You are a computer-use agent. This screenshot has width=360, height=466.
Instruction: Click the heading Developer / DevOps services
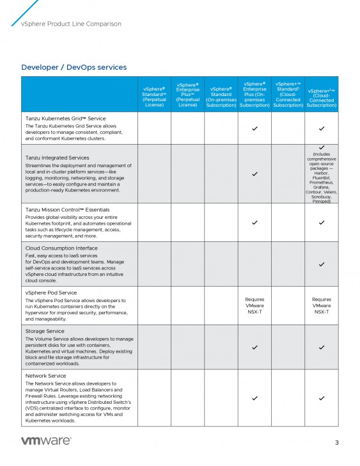point(74,67)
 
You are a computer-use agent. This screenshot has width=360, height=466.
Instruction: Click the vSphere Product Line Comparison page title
point(71,24)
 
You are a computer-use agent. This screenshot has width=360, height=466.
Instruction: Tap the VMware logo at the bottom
point(46,441)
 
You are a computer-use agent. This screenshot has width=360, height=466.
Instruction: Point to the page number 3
point(337,442)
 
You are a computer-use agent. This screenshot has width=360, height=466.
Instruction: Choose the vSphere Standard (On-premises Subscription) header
point(221,97)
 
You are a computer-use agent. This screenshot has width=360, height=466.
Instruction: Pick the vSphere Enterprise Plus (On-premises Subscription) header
point(254,94)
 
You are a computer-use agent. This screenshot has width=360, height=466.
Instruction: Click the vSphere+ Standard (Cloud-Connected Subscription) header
point(288,94)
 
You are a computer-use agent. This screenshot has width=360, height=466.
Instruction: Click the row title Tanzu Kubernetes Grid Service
point(65,118)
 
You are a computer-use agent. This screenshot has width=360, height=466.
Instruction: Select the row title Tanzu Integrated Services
point(57,157)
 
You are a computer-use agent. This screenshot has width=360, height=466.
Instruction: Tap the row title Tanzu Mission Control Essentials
point(67,209)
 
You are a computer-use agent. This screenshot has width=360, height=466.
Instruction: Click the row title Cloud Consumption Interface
point(61,248)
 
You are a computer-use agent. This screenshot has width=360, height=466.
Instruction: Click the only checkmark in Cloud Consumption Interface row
point(322,264)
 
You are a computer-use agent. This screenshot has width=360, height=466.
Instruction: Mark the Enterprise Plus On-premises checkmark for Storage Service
point(254,347)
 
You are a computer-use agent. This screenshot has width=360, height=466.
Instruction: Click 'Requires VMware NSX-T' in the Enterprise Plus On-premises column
point(254,305)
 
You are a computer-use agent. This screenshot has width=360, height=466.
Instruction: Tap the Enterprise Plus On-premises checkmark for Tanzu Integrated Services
point(254,173)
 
